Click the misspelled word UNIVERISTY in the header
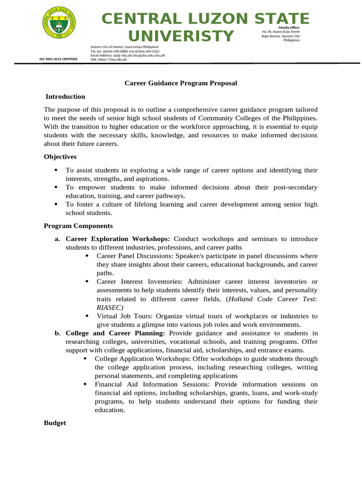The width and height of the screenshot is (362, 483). pyautogui.click(x=181, y=36)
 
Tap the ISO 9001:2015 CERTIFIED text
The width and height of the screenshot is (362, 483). pyautogui.click(x=58, y=59)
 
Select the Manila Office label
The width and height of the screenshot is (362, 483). pyautogui.click(x=289, y=28)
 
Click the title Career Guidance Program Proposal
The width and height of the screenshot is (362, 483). pyautogui.click(x=181, y=83)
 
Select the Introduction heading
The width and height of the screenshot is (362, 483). pyautogui.click(x=65, y=97)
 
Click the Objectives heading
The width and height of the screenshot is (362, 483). pyautogui.click(x=60, y=157)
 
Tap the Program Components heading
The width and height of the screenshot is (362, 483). pyautogui.click(x=78, y=226)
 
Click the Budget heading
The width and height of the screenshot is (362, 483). pyautogui.click(x=55, y=423)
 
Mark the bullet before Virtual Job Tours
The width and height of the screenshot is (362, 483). pyautogui.click(x=87, y=316)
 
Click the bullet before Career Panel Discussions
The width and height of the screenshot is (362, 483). pyautogui.click(x=87, y=256)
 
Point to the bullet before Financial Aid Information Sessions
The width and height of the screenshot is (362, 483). pyautogui.click(x=85, y=384)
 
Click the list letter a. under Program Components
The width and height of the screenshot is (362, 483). pyautogui.click(x=58, y=239)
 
